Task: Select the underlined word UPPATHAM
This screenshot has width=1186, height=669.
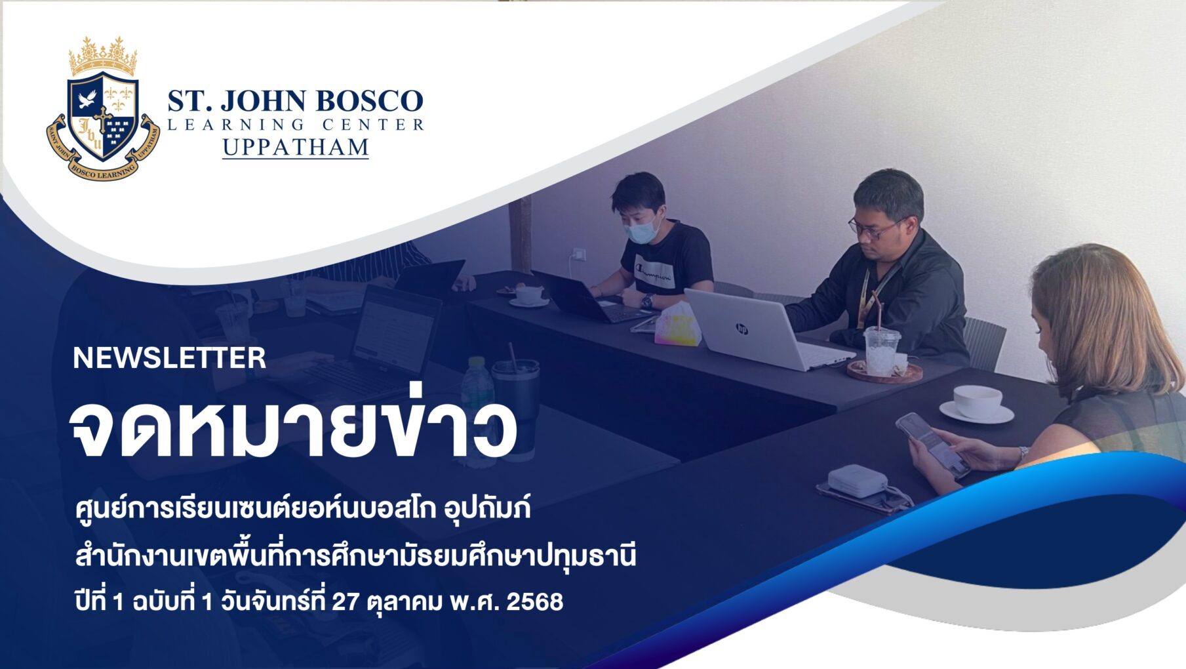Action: [x=296, y=147]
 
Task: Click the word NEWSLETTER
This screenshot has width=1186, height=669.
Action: [x=169, y=358]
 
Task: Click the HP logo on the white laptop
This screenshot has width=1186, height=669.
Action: [x=741, y=328]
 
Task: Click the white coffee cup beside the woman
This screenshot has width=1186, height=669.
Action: [x=977, y=401]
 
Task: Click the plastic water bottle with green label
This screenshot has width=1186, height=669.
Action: [x=477, y=400]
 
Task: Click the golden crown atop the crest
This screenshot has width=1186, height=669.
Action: [x=104, y=57]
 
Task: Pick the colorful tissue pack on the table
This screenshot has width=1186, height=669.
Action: [x=678, y=325]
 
